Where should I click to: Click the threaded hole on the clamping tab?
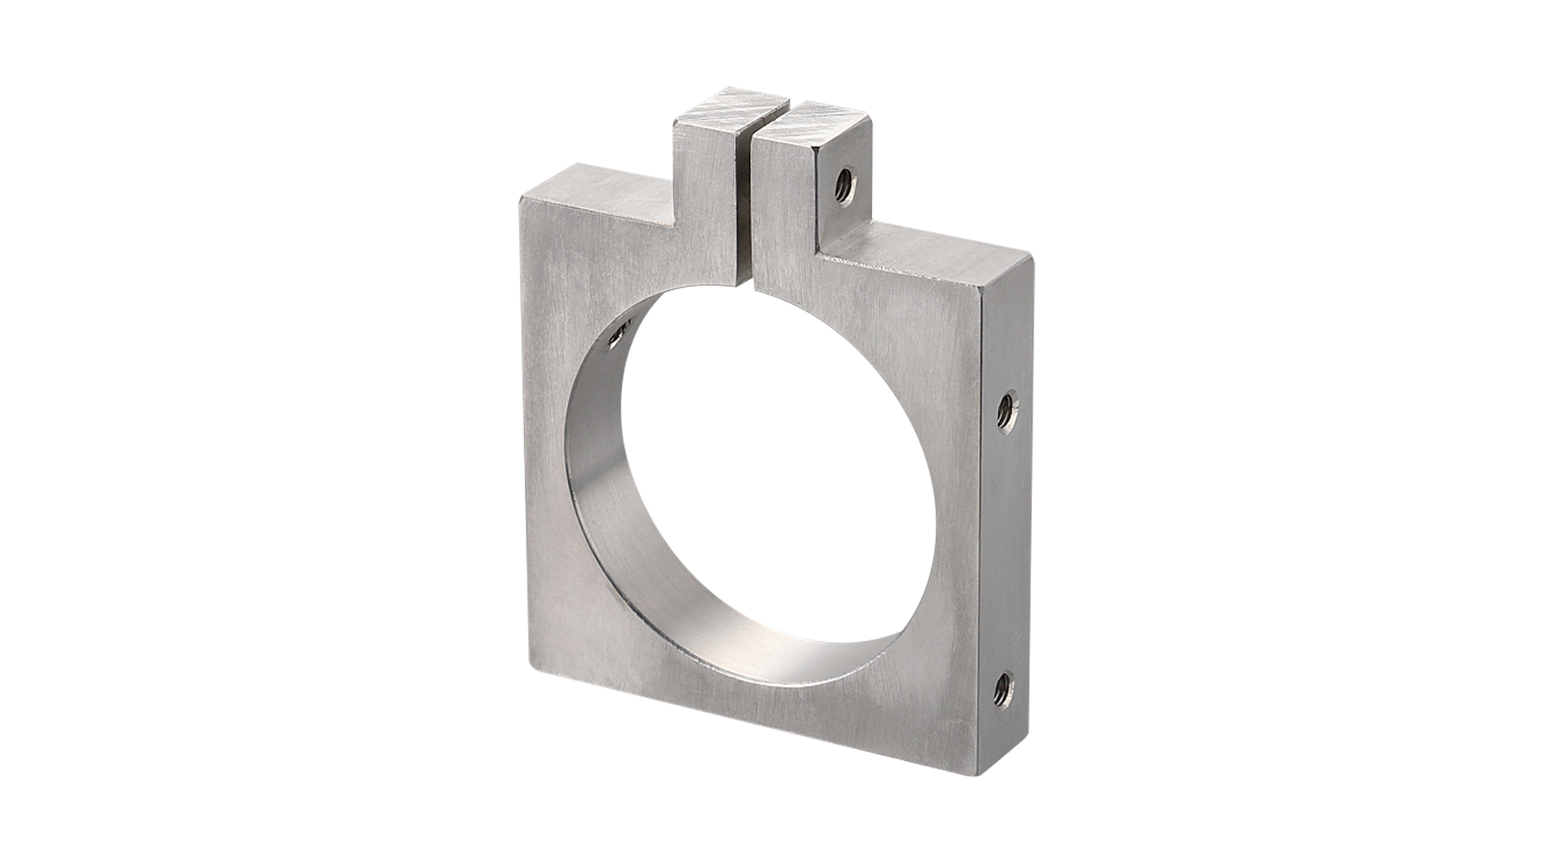844,184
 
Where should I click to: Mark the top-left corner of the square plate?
521,200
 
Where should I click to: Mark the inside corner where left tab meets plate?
673,223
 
